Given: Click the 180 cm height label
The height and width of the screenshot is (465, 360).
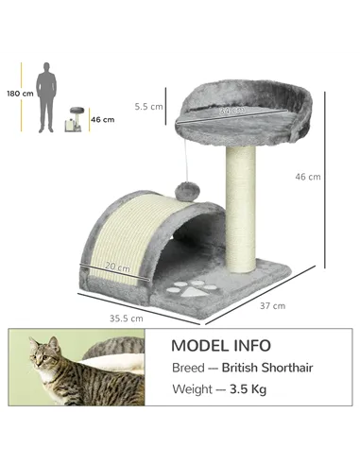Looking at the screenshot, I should pos(20,94).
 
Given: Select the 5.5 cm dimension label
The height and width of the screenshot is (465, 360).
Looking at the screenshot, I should pos(149,107).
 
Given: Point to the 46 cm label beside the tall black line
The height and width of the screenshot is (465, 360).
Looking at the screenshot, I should pos(308,177).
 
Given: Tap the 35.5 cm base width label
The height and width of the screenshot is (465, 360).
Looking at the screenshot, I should pos(125,318).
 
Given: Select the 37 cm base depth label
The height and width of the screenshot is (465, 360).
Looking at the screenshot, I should pos(272,305).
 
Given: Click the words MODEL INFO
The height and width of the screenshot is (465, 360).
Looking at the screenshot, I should pos(221,346).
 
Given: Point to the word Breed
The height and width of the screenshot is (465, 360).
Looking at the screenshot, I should pos(188,368).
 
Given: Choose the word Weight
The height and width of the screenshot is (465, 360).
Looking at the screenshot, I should pos(193,388).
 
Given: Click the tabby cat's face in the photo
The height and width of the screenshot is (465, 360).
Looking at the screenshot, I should pos(41,356).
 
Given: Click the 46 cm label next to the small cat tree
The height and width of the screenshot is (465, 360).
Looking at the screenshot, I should pos(102,119).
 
